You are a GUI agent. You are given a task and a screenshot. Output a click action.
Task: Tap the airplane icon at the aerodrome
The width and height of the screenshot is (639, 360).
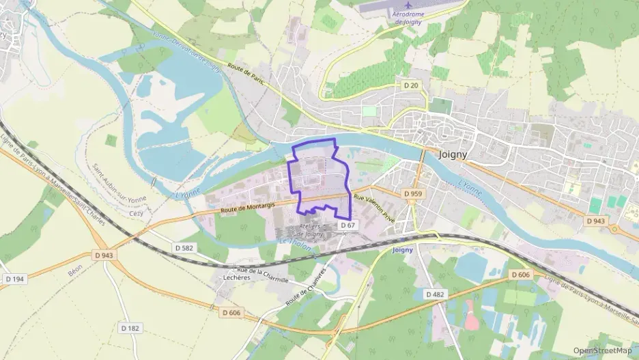point(409,6)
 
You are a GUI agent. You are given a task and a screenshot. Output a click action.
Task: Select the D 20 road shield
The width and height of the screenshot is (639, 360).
point(410,85)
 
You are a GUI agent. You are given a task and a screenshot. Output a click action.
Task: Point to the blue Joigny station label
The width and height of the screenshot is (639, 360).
point(403,250)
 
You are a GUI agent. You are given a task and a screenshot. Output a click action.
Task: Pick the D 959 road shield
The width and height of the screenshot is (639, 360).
point(413,194)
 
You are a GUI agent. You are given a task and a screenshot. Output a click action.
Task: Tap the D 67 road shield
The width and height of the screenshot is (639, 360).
point(347,225)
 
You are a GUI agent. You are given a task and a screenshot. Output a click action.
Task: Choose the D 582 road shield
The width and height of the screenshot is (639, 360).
point(184,248)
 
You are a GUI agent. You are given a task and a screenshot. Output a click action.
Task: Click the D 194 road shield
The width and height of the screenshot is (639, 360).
point(14,279)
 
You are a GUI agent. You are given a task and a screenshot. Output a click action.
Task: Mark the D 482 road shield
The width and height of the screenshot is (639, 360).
point(435,294)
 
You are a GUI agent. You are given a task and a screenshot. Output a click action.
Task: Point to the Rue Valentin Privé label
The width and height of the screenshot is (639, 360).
point(375,206)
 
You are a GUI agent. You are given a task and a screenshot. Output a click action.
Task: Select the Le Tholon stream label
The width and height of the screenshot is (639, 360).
point(296,244)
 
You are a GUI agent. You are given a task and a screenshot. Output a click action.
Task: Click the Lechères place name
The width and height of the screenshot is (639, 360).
point(236,278)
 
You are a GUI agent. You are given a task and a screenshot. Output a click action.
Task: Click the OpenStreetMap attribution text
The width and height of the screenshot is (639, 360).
point(602,350)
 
